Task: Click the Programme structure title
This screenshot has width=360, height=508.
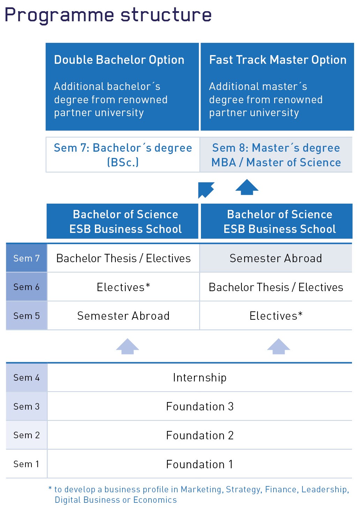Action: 108,15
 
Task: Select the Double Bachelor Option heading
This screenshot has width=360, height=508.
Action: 119,60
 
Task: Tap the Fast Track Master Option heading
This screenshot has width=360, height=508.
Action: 278,60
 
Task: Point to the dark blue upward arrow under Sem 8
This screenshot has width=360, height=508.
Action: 247,187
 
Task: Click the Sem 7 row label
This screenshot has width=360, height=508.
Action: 27,258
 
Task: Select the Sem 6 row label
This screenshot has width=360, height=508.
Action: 27,287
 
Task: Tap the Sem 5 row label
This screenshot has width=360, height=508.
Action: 27,316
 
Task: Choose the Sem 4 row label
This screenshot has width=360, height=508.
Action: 27,378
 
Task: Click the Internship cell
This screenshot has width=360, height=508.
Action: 200,378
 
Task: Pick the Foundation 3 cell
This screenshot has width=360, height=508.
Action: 200,407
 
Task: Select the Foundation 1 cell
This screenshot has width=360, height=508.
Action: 200,464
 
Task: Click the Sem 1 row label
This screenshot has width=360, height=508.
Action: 27,464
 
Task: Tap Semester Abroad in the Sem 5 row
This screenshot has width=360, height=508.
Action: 123,316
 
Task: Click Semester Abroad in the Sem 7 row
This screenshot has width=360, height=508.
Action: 276,258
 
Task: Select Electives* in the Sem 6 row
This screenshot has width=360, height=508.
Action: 123,287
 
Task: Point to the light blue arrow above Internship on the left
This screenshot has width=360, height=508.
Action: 127,347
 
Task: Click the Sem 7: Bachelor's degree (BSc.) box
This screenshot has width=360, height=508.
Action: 123,155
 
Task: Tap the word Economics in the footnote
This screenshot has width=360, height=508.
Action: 155,500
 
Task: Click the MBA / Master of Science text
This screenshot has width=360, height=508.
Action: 276,162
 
